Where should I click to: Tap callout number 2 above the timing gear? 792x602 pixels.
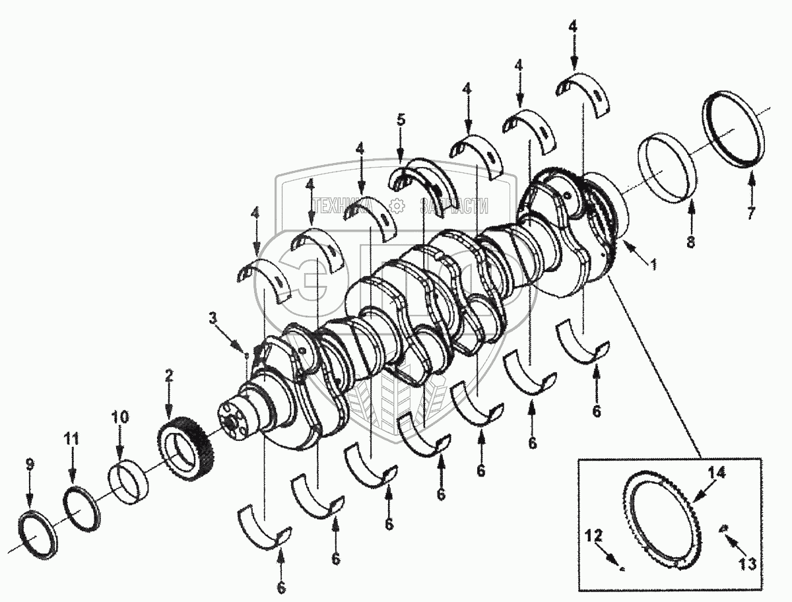tap(169, 376)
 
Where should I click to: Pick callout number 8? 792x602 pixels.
tap(690, 242)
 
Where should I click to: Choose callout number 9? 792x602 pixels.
tap(29, 465)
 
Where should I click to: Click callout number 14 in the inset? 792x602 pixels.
tap(717, 473)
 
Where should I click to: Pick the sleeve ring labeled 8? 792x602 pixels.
tap(667, 168)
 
